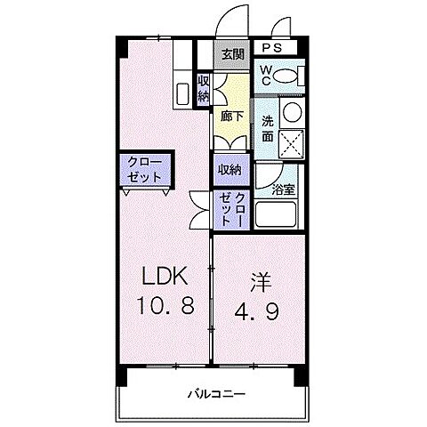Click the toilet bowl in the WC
click(287, 77)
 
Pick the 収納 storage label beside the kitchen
click(204, 87)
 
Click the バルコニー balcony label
click(216, 392)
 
